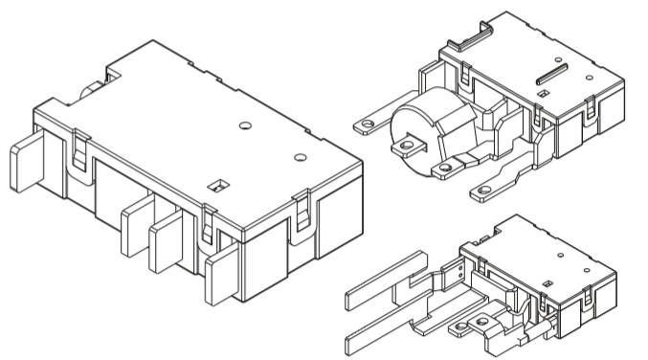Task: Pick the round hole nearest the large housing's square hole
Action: pyautogui.click(x=301, y=157)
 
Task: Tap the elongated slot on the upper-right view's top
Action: pyautogui.click(x=555, y=72)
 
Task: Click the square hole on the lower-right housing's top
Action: pyautogui.click(x=548, y=282)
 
